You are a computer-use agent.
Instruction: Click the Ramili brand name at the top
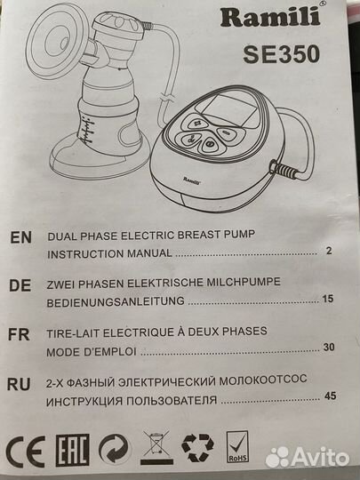click(x=270, y=17)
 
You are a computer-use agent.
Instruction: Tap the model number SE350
click(x=282, y=54)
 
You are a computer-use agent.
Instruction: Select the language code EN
click(x=20, y=237)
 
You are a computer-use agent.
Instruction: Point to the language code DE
click(x=20, y=285)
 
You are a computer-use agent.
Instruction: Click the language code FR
click(x=19, y=334)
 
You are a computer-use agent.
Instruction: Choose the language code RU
click(x=19, y=384)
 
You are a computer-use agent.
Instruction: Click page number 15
click(x=328, y=299)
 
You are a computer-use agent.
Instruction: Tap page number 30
click(x=329, y=348)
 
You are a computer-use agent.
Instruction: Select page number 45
click(x=331, y=396)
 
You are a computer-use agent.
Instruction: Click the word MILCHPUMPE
click(x=244, y=282)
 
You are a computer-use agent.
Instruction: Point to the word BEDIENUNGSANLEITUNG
click(x=116, y=302)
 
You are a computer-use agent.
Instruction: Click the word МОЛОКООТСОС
click(x=263, y=380)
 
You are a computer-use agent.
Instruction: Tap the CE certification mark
click(x=26, y=452)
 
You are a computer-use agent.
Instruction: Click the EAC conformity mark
click(x=73, y=450)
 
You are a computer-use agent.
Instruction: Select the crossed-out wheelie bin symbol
click(x=156, y=447)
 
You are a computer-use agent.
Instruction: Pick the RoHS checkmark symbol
click(x=237, y=446)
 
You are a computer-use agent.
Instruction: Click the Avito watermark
click(x=307, y=458)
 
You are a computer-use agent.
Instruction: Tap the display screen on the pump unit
click(x=228, y=111)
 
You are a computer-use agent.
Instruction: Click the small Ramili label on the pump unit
click(x=192, y=180)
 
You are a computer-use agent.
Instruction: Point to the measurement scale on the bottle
click(x=88, y=132)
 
